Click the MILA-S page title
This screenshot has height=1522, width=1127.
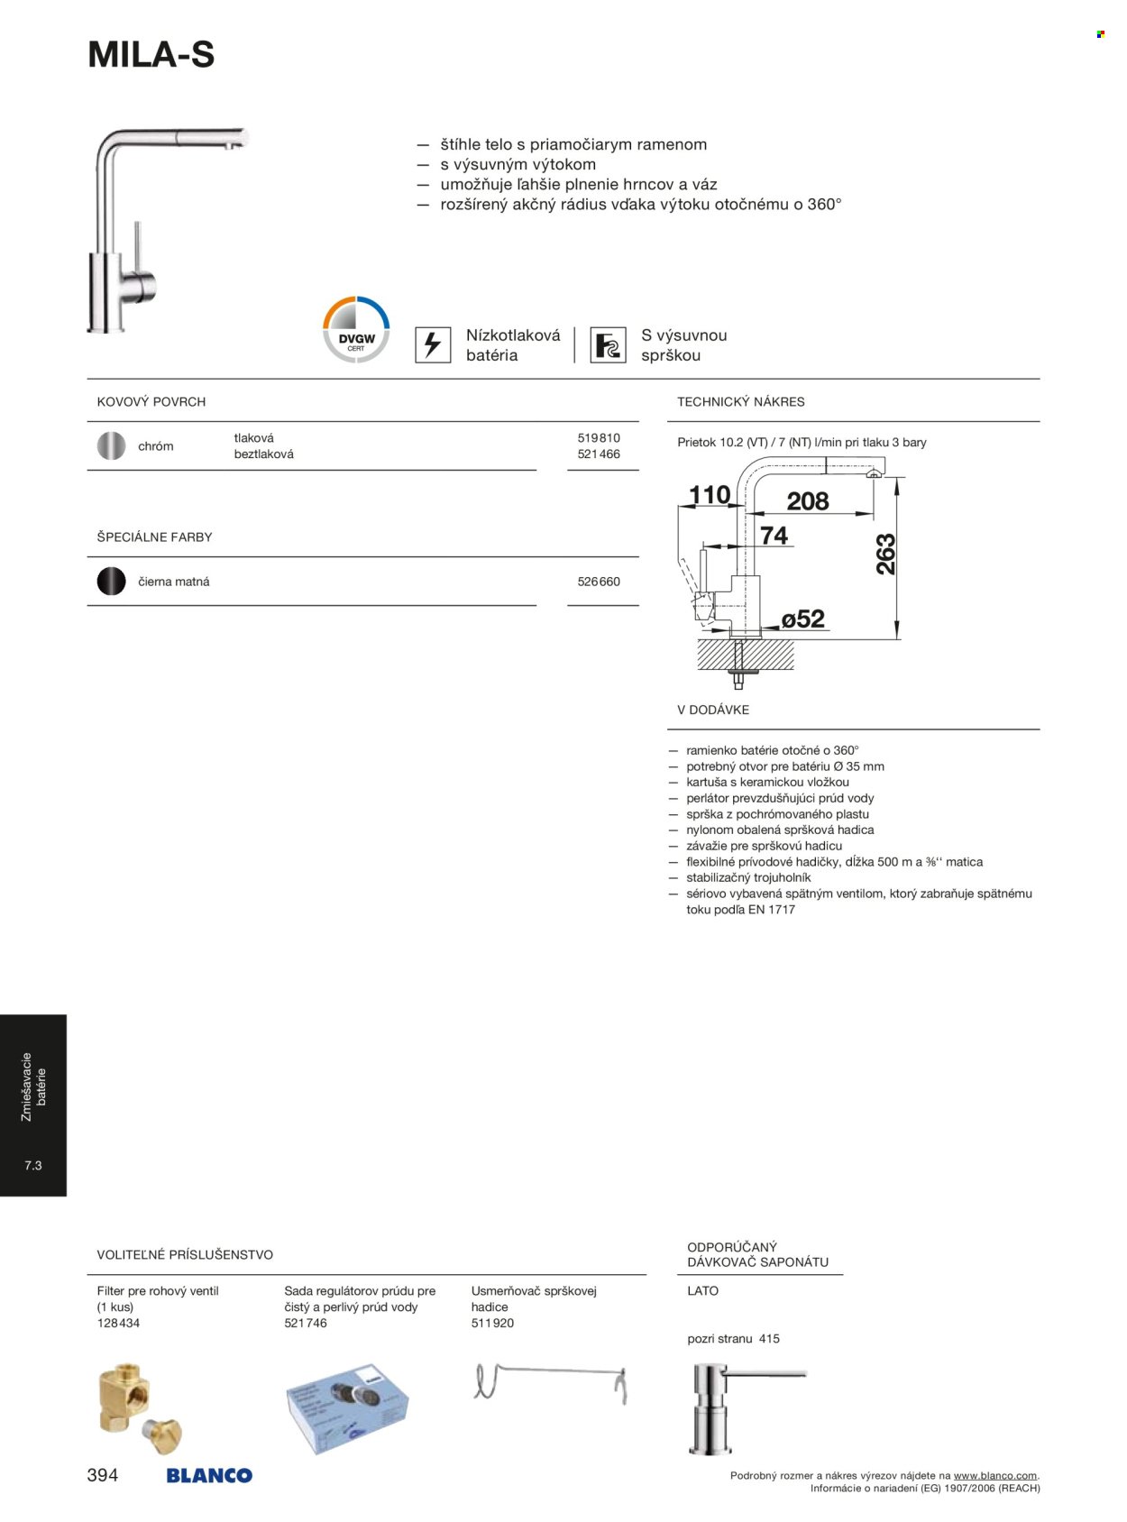point(151,55)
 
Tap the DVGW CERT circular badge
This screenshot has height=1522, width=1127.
point(356,330)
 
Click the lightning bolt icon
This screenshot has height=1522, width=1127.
point(433,344)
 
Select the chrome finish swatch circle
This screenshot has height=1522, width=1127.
point(111,445)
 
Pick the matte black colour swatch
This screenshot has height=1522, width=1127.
point(111,581)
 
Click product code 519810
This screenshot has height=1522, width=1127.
point(599,438)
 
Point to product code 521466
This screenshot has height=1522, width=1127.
point(599,454)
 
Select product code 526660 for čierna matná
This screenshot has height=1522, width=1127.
point(599,582)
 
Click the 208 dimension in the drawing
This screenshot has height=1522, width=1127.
point(807,501)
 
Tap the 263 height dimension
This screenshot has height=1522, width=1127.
point(886,555)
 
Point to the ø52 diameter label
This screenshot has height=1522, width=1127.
point(802,619)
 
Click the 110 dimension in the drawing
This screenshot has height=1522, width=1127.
point(710,495)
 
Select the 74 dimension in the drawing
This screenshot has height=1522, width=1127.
point(774,536)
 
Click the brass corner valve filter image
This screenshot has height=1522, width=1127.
point(139,1409)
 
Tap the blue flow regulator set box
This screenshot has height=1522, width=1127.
point(347,1407)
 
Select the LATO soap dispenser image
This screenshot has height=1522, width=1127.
point(722,1407)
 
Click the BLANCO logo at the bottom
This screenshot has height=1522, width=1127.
point(209,1476)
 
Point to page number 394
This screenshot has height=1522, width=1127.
point(103,1475)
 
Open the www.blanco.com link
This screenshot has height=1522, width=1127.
point(994,1476)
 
